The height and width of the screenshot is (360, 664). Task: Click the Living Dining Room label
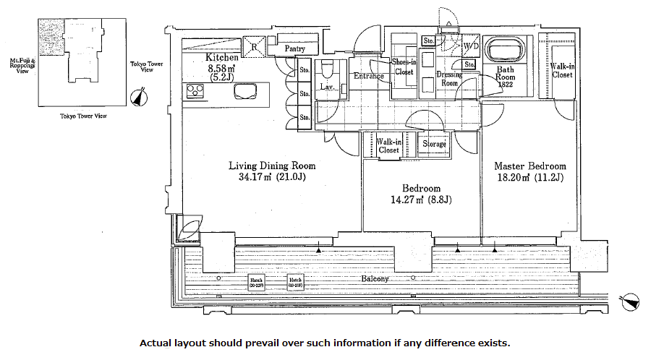click(272, 166)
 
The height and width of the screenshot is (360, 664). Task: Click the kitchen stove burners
click(196, 91)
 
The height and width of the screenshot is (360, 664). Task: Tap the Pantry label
click(294, 49)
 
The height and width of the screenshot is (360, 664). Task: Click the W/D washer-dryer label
click(471, 46)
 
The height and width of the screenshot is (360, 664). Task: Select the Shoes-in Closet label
click(403, 67)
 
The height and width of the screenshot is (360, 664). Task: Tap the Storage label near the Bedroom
click(434, 144)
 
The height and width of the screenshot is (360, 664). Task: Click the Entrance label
click(368, 76)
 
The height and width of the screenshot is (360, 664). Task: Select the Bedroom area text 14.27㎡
click(411, 201)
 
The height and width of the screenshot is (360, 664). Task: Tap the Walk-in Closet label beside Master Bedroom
click(562, 70)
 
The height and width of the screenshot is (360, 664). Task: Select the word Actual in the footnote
click(155, 343)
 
